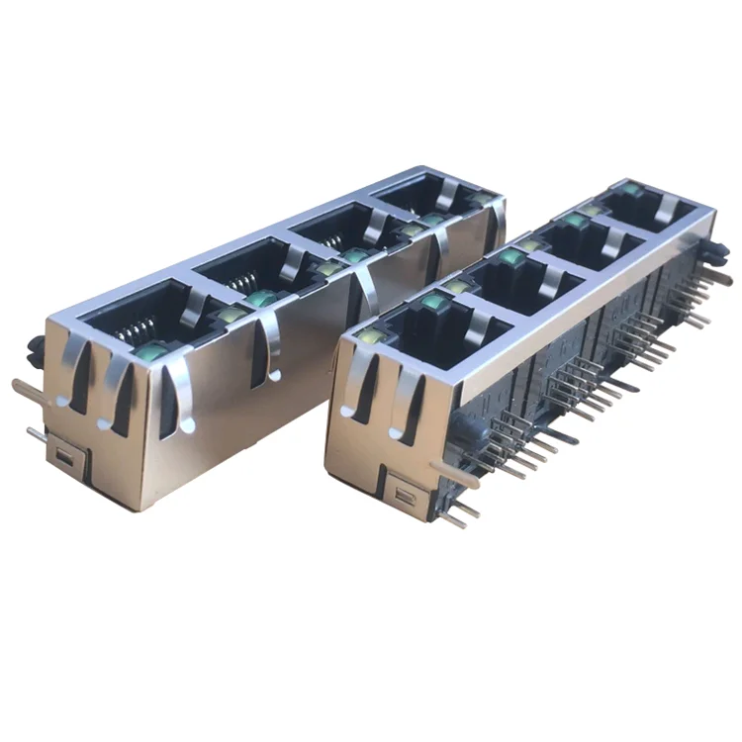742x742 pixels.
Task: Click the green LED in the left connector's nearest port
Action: tap(151, 349)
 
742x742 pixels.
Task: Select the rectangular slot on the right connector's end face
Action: tap(404, 490)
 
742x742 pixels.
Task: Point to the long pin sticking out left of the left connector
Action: tap(30, 389)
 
